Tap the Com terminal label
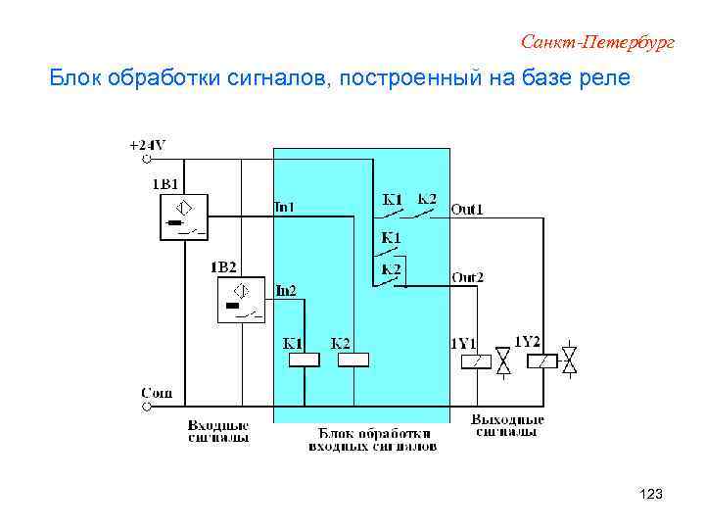tap(157, 393)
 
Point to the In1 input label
tap(283, 207)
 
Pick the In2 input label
tap(286, 290)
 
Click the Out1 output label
tap(467, 209)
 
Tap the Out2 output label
tap(467, 277)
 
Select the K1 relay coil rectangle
tap(303, 360)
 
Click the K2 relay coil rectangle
tap(352, 360)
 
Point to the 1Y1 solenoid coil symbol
tap(475, 361)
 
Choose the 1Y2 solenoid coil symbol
tap(541, 361)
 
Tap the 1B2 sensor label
tap(223, 266)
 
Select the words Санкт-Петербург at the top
tap(598, 42)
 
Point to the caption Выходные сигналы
tap(507, 425)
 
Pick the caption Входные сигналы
tap(218, 432)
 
